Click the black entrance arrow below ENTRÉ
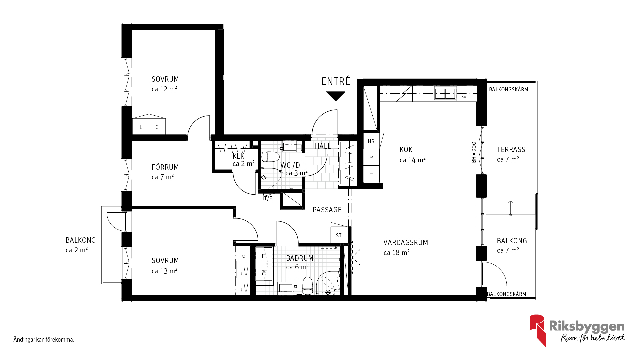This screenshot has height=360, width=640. point(336,96)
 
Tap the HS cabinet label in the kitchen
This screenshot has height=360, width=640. point(371,141)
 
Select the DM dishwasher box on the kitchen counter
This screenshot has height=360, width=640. point(464,93)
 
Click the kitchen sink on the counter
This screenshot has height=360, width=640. point(445,93)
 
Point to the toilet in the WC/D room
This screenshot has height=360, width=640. point(270,157)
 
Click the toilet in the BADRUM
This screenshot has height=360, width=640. point(307,286)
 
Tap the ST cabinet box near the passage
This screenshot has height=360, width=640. point(339,235)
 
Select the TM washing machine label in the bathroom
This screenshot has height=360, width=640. point(264,272)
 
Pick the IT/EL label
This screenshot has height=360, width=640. point(268,199)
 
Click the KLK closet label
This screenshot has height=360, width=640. point(238,156)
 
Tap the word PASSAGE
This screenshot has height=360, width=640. point(327,210)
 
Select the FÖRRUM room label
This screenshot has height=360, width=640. point(165,167)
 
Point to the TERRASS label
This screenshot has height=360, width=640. point(511,149)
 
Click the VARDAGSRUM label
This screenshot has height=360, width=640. point(406,242)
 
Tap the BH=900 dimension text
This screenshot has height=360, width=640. point(474,152)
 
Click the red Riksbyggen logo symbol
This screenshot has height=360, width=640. point(538,330)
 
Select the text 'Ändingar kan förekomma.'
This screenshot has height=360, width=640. point(44,340)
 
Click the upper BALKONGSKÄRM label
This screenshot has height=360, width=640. point(508,89)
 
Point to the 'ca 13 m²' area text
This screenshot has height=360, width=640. point(164,271)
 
